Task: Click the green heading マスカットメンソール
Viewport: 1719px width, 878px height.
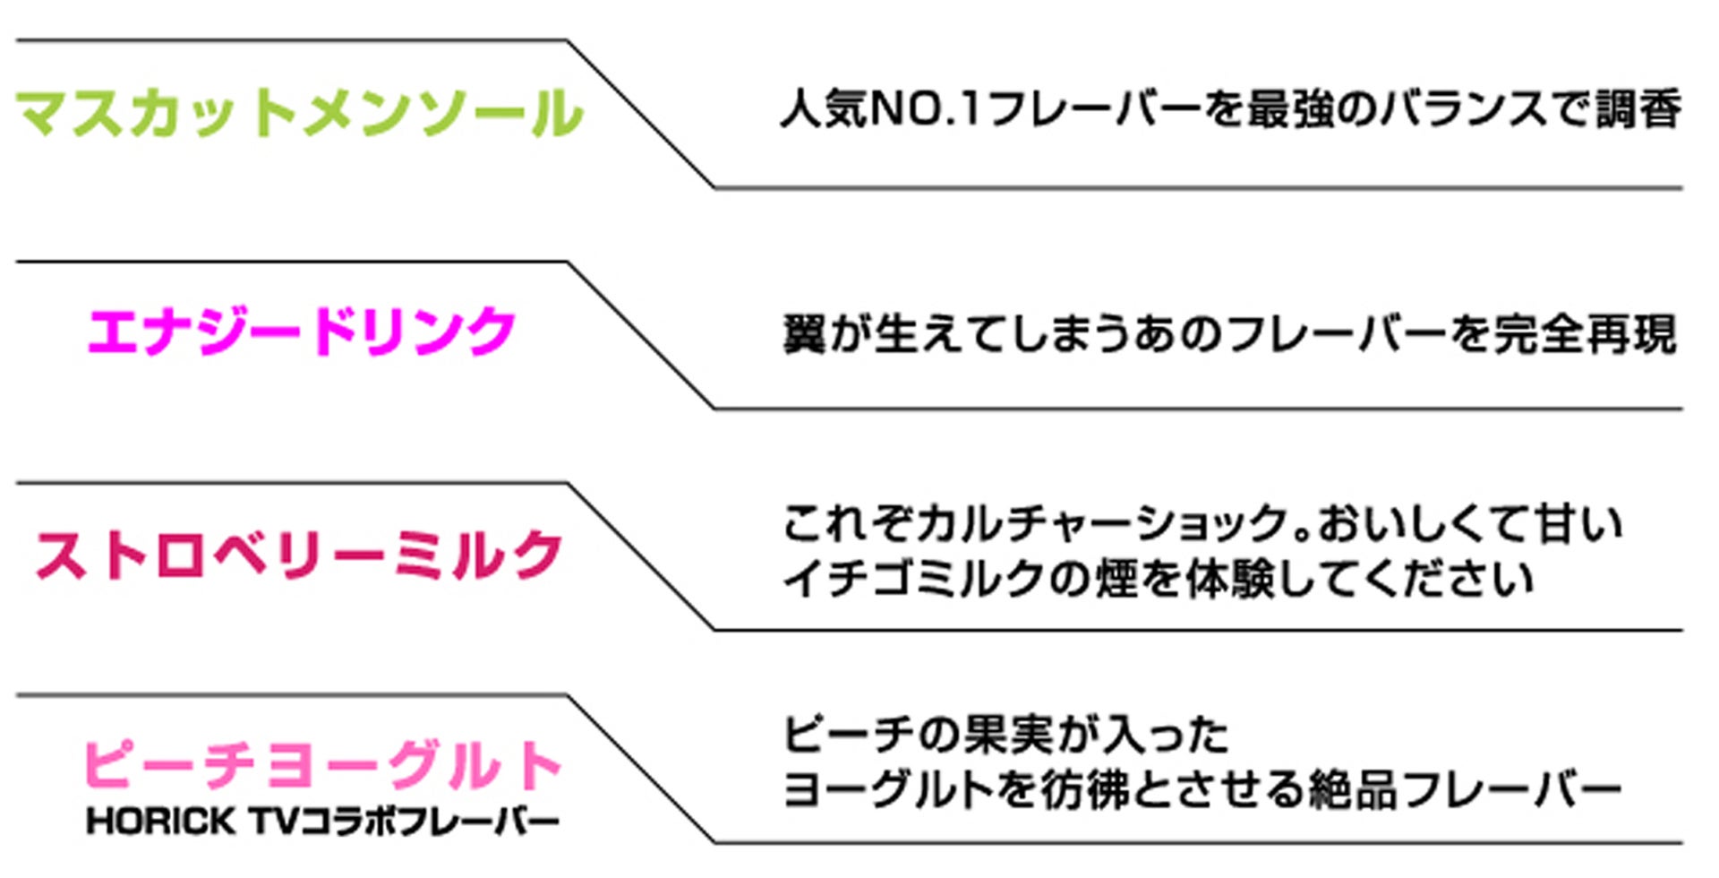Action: [x=300, y=114]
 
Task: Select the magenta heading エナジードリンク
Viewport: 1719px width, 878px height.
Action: [x=302, y=331]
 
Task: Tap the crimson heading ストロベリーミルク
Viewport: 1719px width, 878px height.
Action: [x=299, y=555]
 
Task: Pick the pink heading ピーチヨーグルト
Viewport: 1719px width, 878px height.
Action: [x=322, y=766]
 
